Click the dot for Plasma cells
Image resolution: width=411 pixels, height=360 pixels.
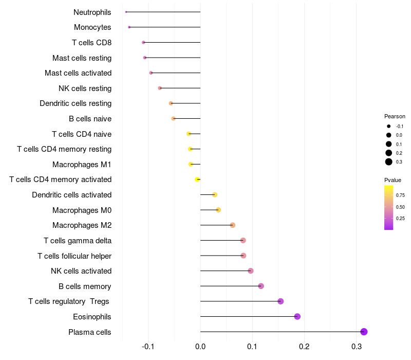(x=364, y=332)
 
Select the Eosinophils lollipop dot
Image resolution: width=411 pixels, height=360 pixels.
(x=297, y=316)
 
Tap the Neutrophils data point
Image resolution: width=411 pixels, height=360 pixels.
(x=126, y=12)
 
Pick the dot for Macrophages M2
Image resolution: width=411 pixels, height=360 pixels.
(x=233, y=225)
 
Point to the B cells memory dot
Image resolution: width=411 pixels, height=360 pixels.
(x=261, y=286)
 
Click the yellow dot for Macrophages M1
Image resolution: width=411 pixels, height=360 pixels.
(x=191, y=165)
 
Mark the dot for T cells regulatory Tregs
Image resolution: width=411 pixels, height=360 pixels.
(x=281, y=301)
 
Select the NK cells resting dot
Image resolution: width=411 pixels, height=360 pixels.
(x=160, y=88)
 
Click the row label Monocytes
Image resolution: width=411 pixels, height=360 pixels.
(x=92, y=27)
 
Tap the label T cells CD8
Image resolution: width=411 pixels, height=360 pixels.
(x=92, y=43)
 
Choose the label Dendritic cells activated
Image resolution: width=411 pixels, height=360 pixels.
(x=71, y=195)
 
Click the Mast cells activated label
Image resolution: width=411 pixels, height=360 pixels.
(x=78, y=73)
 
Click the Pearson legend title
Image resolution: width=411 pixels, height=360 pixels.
(x=395, y=116)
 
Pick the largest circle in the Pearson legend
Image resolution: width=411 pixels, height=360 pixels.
(x=389, y=162)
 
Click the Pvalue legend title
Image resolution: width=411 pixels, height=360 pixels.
(x=393, y=180)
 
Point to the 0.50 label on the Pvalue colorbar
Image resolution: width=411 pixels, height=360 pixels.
(x=400, y=207)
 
